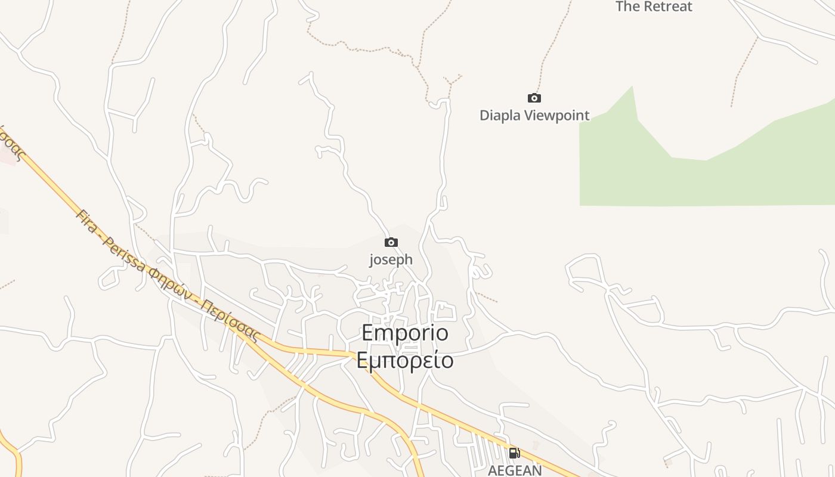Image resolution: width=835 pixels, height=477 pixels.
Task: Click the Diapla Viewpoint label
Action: pyautogui.click(x=534, y=116)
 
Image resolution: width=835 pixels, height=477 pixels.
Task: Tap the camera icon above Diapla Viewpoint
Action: pyautogui.click(x=534, y=98)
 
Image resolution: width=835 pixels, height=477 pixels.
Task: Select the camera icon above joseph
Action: pyautogui.click(x=391, y=242)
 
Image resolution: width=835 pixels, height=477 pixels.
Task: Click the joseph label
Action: pyautogui.click(x=391, y=259)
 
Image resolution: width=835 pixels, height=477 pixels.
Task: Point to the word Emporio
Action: pyautogui.click(x=405, y=333)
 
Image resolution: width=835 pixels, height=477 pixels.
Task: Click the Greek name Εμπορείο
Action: pyautogui.click(x=405, y=360)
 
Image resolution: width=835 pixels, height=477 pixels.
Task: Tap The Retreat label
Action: pyautogui.click(x=654, y=7)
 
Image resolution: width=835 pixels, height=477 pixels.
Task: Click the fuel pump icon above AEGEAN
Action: pyautogui.click(x=514, y=453)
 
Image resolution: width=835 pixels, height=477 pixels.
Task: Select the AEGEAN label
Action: pyautogui.click(x=515, y=470)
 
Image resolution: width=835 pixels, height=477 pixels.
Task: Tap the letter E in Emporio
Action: pyautogui.click(x=369, y=333)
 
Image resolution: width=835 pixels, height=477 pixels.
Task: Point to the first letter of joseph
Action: pyautogui.click(x=372, y=260)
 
